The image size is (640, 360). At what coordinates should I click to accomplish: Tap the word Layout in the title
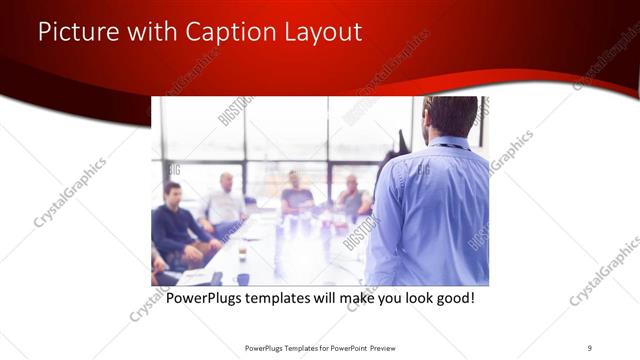(x=319, y=32)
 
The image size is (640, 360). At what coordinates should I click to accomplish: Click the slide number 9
(x=590, y=347)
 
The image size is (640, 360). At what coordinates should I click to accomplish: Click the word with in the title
(x=154, y=32)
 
